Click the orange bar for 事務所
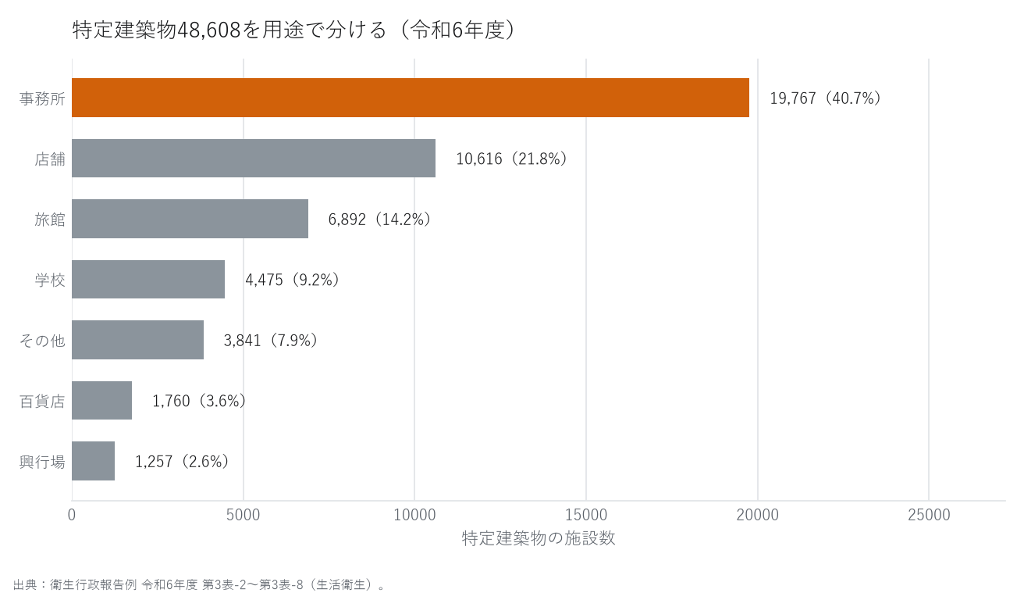coord(411,98)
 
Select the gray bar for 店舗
coord(254,158)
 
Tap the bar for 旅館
coord(190,219)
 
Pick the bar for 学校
coord(148,279)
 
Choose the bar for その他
coord(137,340)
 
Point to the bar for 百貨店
coord(102,401)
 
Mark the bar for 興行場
coord(93,461)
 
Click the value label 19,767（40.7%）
coord(826,98)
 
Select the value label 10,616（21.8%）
coord(512,159)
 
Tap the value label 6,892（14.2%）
coord(379,220)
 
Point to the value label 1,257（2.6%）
coord(182,461)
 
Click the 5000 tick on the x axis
coord(244,515)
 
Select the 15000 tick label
coord(586,515)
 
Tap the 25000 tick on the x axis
coord(929,515)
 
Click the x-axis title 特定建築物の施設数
coord(539,539)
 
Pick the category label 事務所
coord(42,98)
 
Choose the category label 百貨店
coord(42,402)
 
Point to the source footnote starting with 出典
coord(199,585)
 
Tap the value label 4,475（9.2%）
coord(293,280)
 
